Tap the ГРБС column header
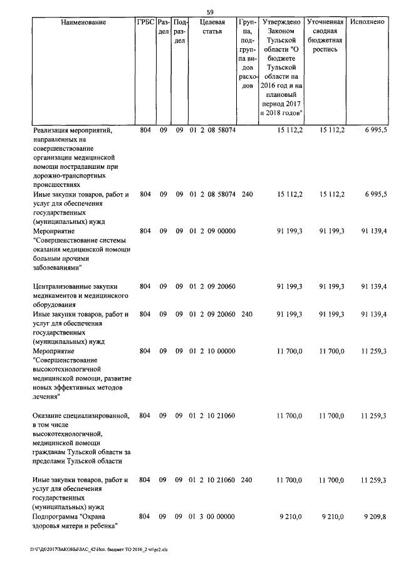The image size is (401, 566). click(145, 23)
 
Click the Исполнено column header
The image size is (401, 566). click(369, 23)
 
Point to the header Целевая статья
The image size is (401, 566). click(212, 28)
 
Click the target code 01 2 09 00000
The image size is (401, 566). click(212, 231)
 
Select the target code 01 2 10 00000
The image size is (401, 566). click(212, 351)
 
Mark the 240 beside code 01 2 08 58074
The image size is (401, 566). click(247, 195)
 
